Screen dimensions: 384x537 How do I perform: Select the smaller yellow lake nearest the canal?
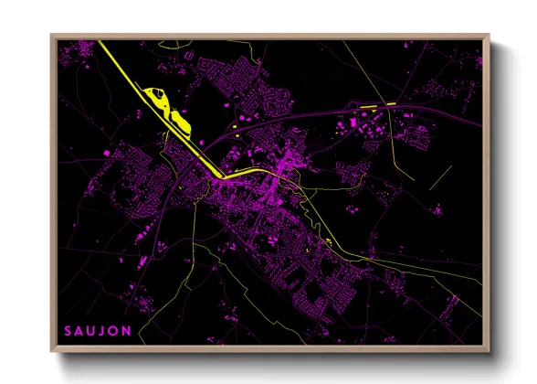[179, 120]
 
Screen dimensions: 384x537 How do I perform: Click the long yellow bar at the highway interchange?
[379, 106]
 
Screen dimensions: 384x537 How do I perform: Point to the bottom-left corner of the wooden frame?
[53, 351]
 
